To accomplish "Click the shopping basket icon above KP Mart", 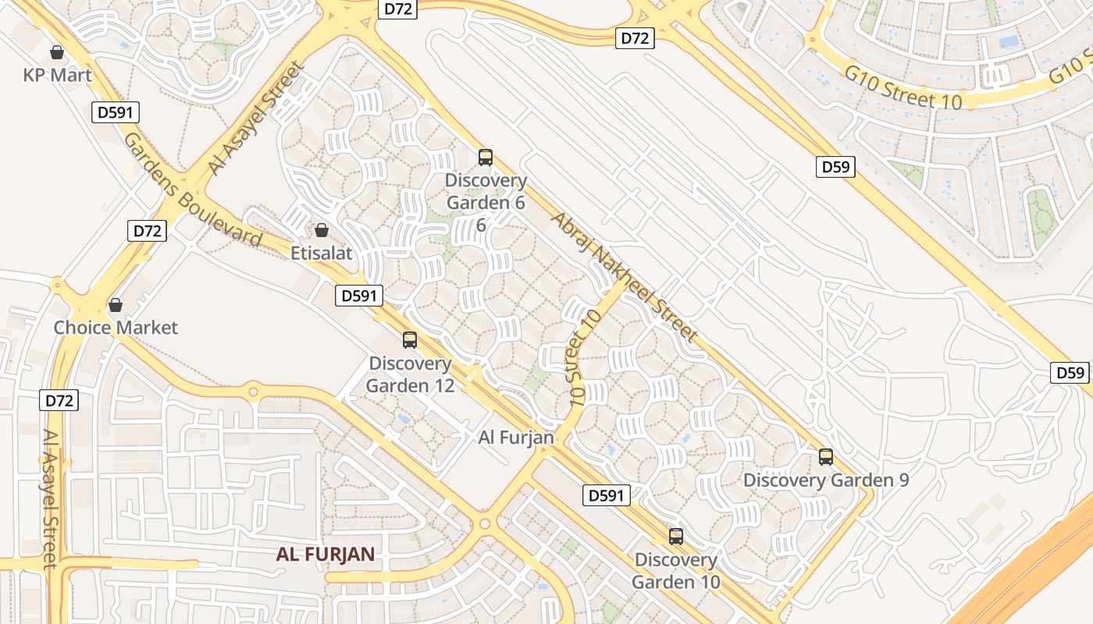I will [x=57, y=53].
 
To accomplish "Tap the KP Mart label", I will [x=57, y=76].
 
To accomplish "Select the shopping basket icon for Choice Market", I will [x=116, y=305].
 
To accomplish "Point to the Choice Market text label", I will [x=116, y=328].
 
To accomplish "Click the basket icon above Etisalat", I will [x=321, y=231].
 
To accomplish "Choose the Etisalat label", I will [x=322, y=253].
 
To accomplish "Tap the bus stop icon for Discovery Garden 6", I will [x=486, y=158].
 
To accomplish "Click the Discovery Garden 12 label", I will [x=410, y=374].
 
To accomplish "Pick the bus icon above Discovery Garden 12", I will [x=410, y=340].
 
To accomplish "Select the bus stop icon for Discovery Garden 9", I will [x=826, y=457].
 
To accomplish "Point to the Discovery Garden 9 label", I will [x=826, y=480].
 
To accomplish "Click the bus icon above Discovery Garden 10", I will [x=676, y=537].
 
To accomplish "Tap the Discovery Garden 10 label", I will [x=676, y=571].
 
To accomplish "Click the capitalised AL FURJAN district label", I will [x=326, y=555].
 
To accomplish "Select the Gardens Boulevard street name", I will [x=192, y=190].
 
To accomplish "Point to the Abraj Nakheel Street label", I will [x=624, y=276].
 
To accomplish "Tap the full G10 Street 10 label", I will [x=903, y=87].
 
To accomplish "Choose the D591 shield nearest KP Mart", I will [x=116, y=112].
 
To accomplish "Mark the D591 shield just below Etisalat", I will [x=360, y=296].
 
